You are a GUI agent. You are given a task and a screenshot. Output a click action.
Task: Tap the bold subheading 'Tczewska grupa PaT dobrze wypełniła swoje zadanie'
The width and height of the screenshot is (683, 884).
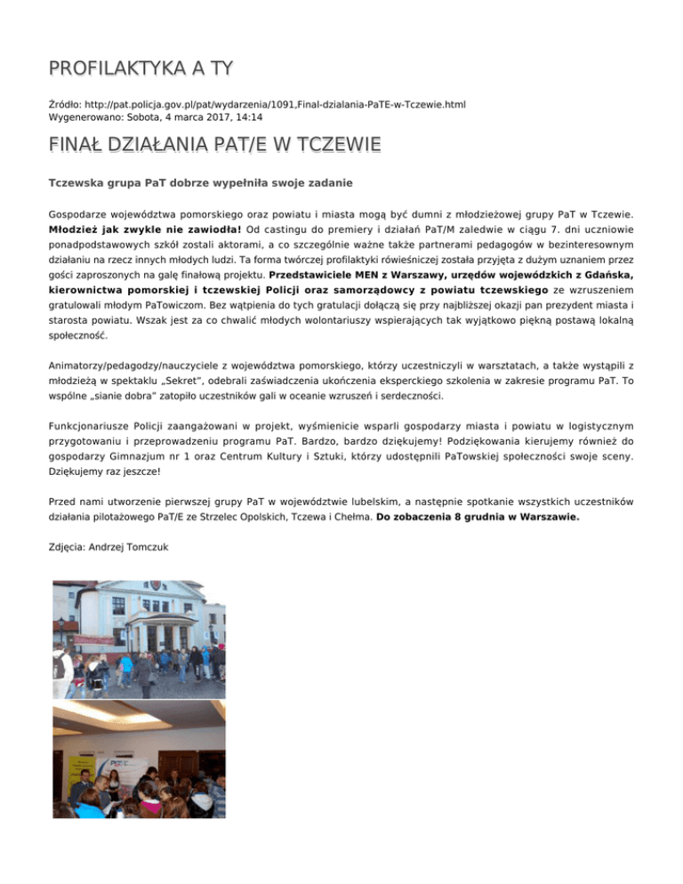point(189,183)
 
